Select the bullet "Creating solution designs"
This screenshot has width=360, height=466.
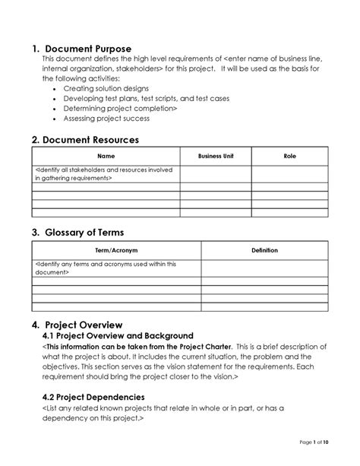coord(106,89)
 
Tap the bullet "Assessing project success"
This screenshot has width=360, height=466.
coord(106,119)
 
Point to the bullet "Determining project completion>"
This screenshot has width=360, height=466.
coord(120,109)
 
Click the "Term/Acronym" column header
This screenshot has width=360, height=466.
coord(116,250)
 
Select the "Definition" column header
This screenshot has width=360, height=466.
coord(264,250)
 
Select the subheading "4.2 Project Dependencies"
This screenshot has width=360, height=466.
coord(93,396)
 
